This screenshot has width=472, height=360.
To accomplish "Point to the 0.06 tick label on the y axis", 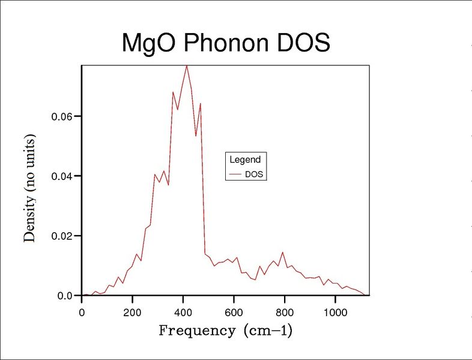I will pos(63,116).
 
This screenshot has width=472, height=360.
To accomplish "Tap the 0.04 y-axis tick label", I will pos(63,176).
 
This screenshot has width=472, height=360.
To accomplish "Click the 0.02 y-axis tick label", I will pos(63,236).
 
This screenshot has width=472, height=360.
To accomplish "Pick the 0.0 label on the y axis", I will pos(65,296).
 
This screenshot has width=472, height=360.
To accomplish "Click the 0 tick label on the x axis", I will pos(82,311).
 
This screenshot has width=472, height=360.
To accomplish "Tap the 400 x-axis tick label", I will pos(183,311).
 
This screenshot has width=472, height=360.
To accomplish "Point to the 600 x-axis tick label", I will pos(234,311).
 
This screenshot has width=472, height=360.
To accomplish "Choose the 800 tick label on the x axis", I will pos(284,311).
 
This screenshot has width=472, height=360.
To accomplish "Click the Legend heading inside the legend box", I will pos(245,160).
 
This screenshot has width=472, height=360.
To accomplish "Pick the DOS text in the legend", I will pos(255,175).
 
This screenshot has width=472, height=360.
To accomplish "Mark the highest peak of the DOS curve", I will pos(187,65).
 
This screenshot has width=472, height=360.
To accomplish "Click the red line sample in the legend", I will pos(236,175).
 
